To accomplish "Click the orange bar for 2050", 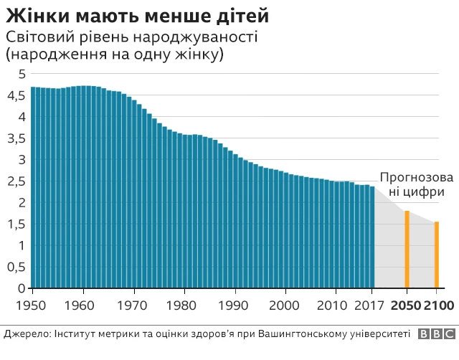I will (407, 250).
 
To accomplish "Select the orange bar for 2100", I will (437, 255).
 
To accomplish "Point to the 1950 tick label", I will (32, 307).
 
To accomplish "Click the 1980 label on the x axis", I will (185, 307).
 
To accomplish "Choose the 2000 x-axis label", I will (286, 307).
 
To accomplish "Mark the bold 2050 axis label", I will (406, 307).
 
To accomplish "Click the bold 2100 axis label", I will (439, 307).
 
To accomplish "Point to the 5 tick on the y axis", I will (22, 74).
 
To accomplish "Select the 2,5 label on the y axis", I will (17, 181).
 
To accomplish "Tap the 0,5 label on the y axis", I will (17, 267).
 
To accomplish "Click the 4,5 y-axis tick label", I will (17, 95).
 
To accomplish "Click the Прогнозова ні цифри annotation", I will (416, 184).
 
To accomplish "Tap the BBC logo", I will (437, 333).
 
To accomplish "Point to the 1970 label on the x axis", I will (134, 307).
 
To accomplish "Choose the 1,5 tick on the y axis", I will (17, 224).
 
